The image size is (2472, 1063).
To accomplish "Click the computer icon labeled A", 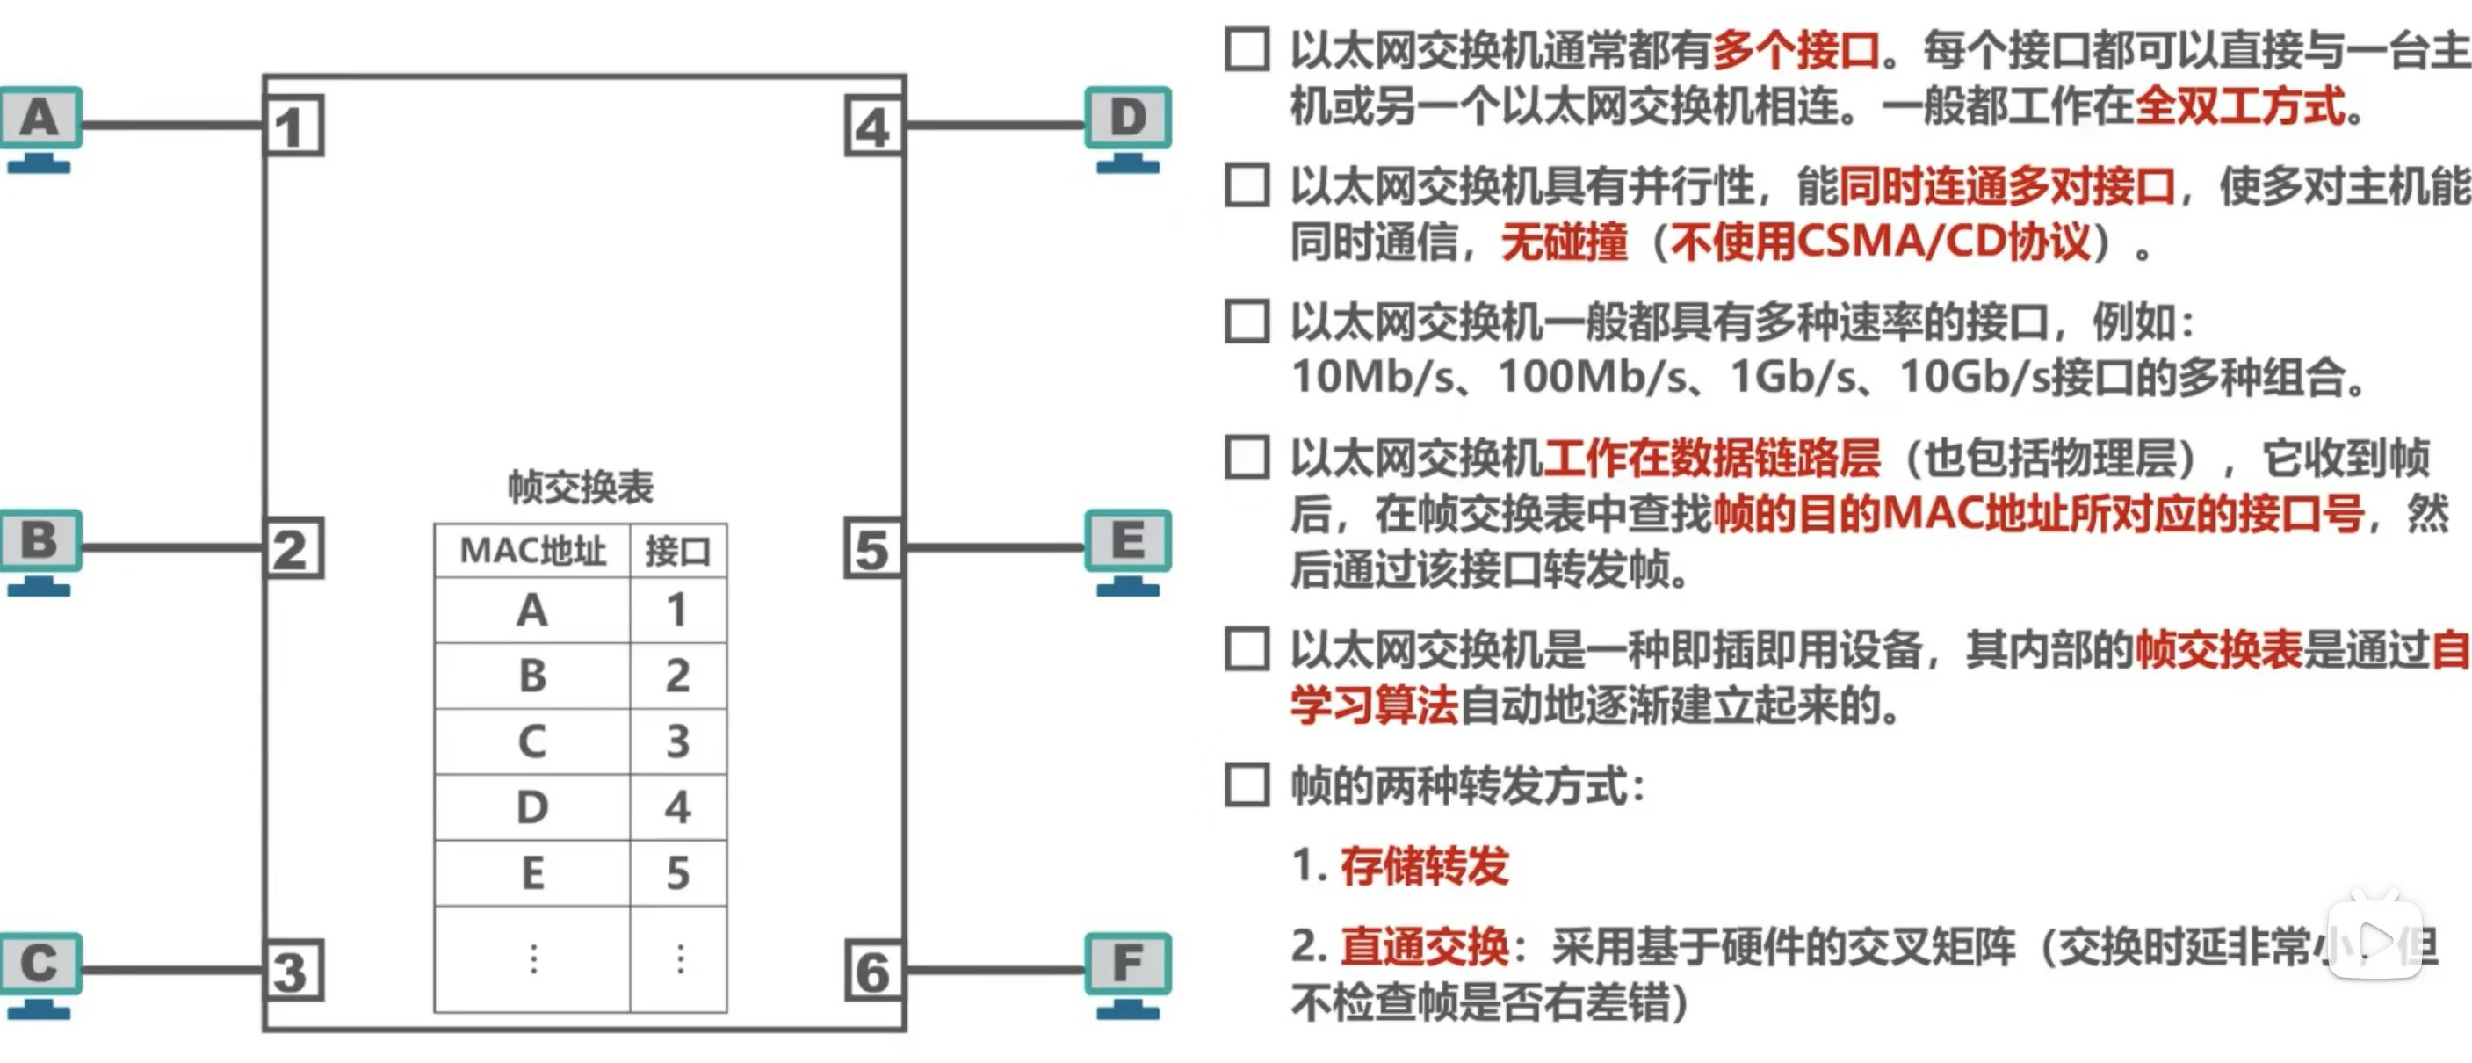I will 40,127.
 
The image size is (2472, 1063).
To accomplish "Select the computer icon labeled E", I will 1128,550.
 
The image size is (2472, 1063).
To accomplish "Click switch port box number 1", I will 293,126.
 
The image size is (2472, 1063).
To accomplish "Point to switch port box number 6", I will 872,971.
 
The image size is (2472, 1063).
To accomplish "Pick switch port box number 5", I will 872,548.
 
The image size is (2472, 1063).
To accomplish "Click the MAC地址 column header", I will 532,551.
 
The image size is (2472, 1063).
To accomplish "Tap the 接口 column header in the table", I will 678,551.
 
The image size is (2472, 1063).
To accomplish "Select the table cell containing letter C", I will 532,741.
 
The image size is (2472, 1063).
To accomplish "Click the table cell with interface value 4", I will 678,806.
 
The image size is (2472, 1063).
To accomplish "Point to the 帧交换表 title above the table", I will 581,488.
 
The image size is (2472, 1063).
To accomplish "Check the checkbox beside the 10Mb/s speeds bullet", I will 1247,322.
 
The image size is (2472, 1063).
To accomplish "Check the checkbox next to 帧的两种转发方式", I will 1247,785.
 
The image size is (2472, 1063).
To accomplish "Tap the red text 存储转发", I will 1424,866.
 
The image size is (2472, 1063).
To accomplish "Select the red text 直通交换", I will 1424,947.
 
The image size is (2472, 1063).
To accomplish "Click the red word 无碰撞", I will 1565,242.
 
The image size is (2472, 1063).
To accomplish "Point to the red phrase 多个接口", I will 1796,50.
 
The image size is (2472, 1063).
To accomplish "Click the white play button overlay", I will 2374,938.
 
